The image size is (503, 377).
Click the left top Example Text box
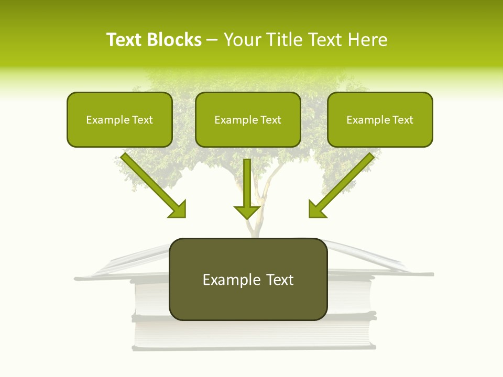(119, 119)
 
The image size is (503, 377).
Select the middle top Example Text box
(248, 119)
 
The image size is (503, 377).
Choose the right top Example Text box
(380, 119)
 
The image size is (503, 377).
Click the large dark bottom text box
(248, 279)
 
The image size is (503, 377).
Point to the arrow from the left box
(152, 183)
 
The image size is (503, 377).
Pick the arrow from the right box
(343, 183)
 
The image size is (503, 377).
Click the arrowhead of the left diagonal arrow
(178, 209)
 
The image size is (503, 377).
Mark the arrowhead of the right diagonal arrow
(316, 209)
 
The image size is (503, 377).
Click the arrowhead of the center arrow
(247, 212)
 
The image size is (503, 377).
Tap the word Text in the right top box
(402, 120)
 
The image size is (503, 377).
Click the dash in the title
(212, 40)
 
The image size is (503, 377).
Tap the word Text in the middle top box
(270, 120)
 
